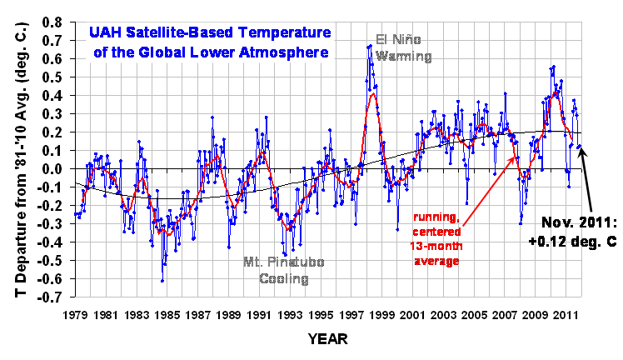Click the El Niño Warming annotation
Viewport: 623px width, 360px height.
tap(404, 48)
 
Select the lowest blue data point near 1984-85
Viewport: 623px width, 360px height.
tap(162, 281)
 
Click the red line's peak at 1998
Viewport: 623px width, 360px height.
tap(373, 92)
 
